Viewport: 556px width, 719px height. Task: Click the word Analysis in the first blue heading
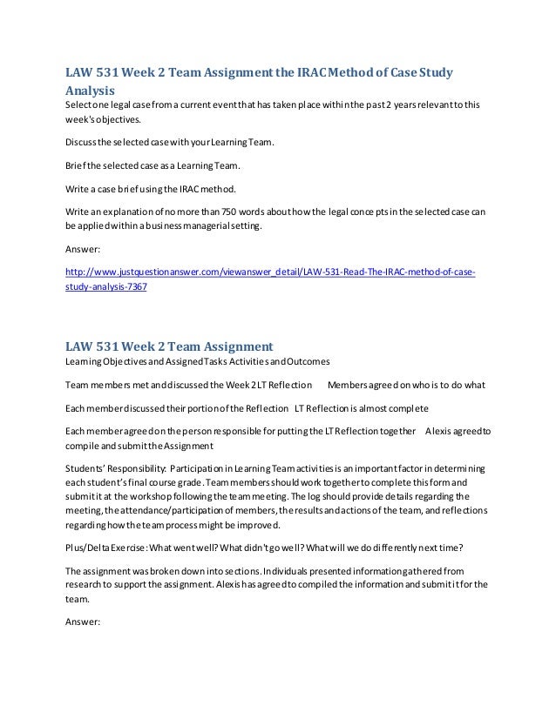click(91, 89)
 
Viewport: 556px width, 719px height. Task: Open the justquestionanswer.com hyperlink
click(270, 272)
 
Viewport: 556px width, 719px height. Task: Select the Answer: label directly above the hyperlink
click(85, 247)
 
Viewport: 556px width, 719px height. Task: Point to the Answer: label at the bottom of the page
click(85, 622)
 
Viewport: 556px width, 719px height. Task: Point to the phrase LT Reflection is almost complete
click(361, 407)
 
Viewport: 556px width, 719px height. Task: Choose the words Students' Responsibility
click(117, 468)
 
